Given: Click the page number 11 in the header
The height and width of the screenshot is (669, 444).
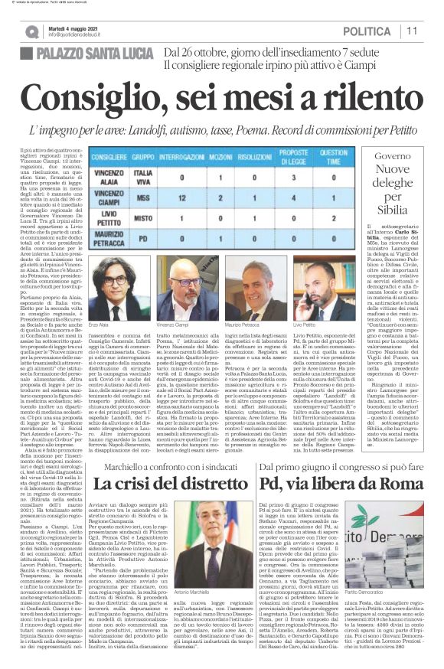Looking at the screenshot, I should [x=411, y=31].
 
